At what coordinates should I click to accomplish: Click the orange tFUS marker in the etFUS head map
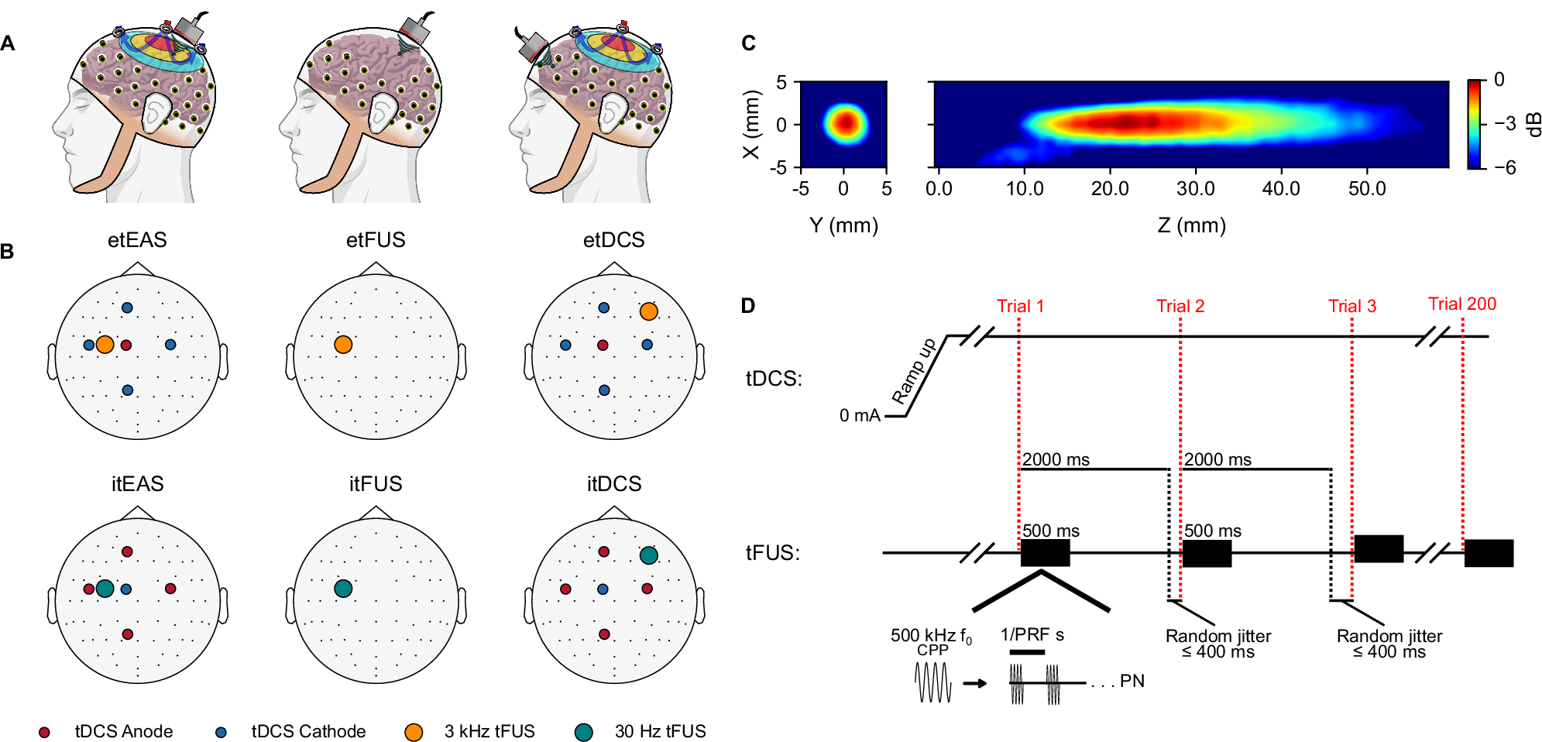coord(343,345)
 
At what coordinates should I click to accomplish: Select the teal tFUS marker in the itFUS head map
coord(343,589)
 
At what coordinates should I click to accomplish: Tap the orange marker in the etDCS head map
coord(649,311)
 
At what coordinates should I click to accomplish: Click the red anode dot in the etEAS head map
coord(126,345)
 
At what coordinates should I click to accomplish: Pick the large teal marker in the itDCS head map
coord(649,555)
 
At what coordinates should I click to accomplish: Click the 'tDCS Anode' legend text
coord(124,731)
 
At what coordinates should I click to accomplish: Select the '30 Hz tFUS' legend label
coord(660,731)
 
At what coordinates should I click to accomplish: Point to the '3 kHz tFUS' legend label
coord(489,731)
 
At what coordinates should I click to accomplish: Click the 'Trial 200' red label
coord(1462,304)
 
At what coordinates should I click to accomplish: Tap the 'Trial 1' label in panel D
coord(1020,306)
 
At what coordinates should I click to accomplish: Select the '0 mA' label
coord(860,415)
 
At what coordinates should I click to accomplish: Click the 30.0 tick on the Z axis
coord(1195,188)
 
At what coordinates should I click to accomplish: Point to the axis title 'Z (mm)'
coord(1191,225)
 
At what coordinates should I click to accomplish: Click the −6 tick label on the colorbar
coord(1505,167)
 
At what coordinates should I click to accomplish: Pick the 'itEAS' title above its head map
coord(137,484)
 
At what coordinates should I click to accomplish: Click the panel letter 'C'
coord(748,43)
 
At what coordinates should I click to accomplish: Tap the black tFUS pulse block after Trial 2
coord(1207,554)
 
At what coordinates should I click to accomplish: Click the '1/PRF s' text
coord(1032,635)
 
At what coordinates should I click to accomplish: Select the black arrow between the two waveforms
coord(975,683)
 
